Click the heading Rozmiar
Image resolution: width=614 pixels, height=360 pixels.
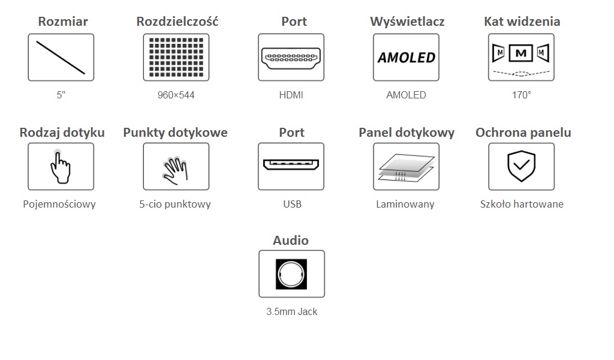[x=62, y=22]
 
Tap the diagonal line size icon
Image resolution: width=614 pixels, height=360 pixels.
[x=61, y=58]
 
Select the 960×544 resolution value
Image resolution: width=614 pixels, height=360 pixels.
[x=176, y=95]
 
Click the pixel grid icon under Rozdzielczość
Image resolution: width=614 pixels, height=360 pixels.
[x=176, y=58]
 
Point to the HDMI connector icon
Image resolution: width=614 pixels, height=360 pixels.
[x=291, y=58]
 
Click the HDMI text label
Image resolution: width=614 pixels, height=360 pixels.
[x=291, y=95]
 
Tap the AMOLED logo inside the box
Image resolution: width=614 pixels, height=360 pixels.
[x=406, y=58]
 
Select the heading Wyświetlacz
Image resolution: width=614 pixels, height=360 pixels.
[x=407, y=22]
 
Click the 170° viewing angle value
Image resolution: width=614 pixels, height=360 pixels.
[x=521, y=95]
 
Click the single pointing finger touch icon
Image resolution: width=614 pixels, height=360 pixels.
[x=61, y=166]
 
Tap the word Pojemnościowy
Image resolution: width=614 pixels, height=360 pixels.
[x=59, y=204]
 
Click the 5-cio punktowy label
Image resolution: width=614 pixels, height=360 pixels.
[x=175, y=204]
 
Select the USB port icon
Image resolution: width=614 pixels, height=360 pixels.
[x=291, y=165]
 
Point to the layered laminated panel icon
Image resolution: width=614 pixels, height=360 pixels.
[x=406, y=166]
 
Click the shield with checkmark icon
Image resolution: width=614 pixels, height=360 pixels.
[x=521, y=166]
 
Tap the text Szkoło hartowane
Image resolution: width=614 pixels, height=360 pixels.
[x=522, y=204]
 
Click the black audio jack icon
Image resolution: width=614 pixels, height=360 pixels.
[x=291, y=274]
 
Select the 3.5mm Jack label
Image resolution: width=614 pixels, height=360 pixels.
[x=292, y=311]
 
